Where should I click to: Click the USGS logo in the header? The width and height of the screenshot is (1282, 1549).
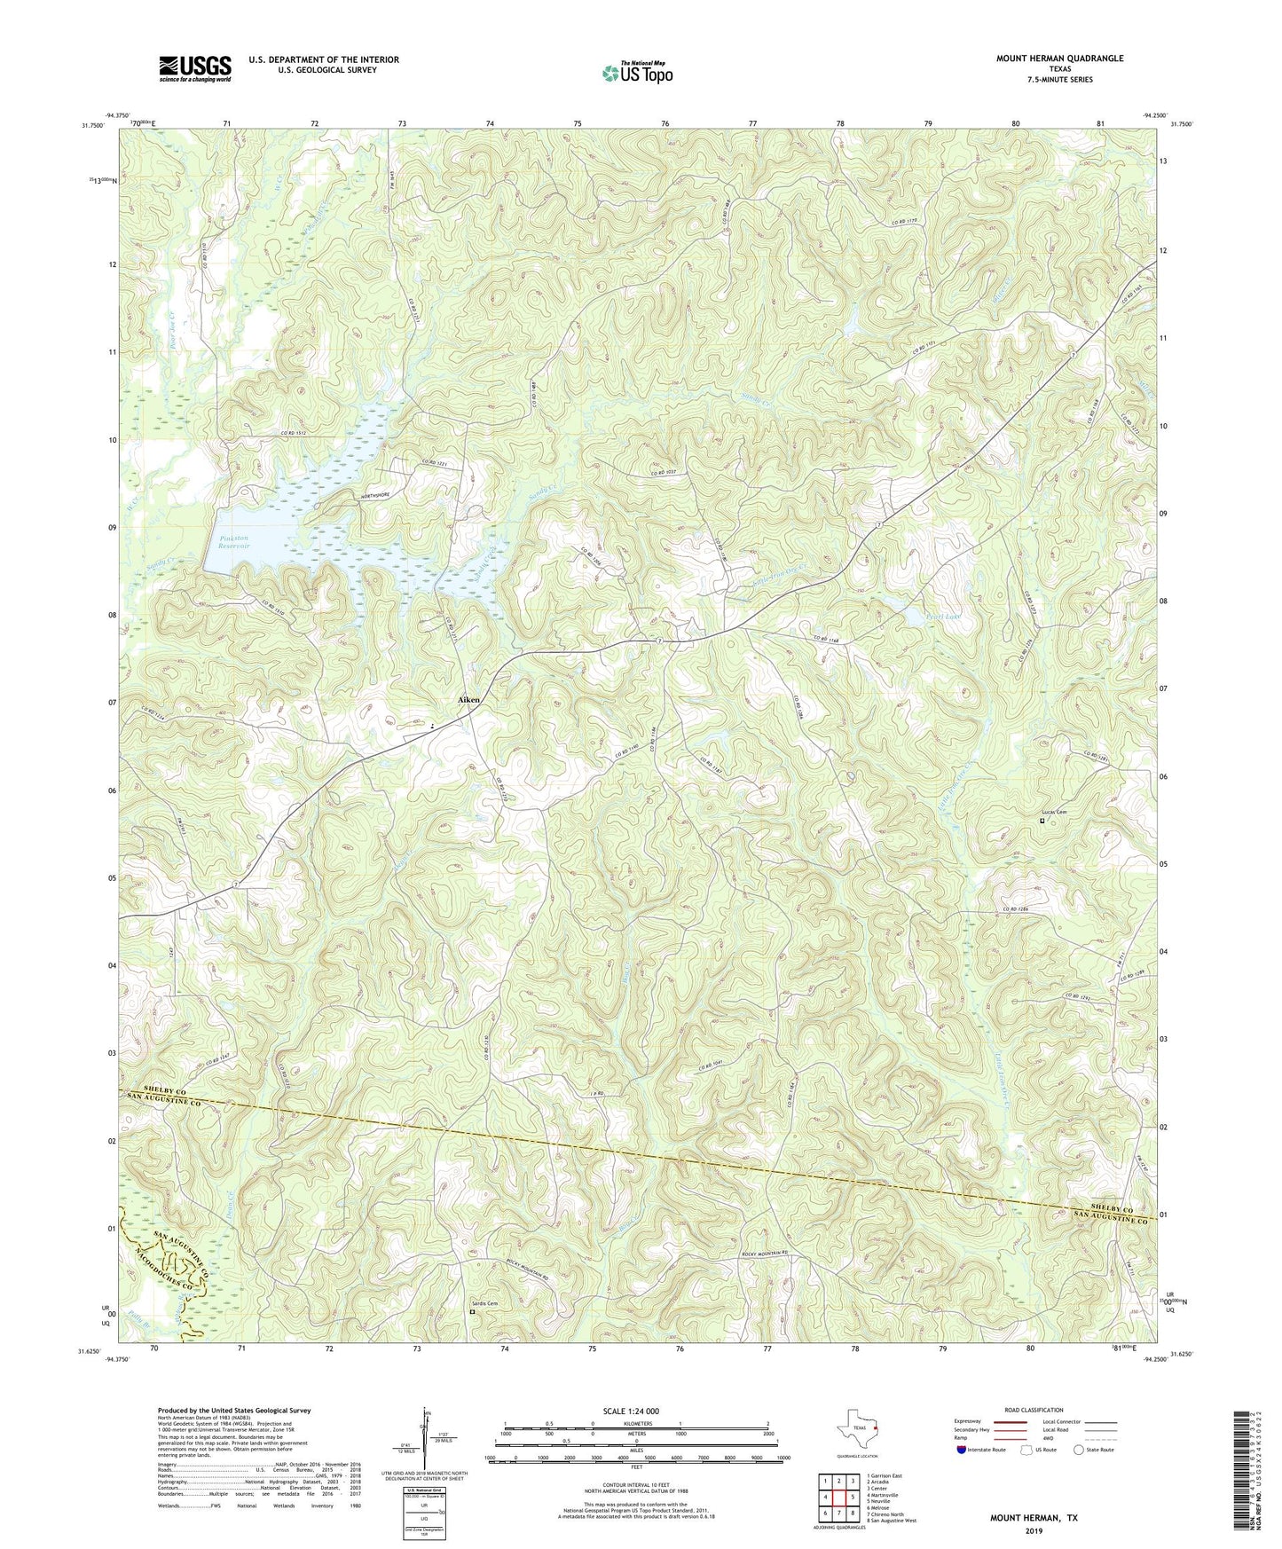click(194, 68)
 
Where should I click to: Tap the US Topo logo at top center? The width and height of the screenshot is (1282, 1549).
click(636, 73)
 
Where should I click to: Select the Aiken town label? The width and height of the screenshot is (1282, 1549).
click(468, 700)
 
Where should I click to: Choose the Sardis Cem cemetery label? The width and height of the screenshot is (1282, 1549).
click(484, 1303)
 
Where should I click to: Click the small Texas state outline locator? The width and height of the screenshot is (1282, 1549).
click(857, 1429)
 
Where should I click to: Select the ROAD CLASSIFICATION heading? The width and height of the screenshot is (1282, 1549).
click(1034, 1410)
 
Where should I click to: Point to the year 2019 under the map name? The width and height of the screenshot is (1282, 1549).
click(1033, 1529)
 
